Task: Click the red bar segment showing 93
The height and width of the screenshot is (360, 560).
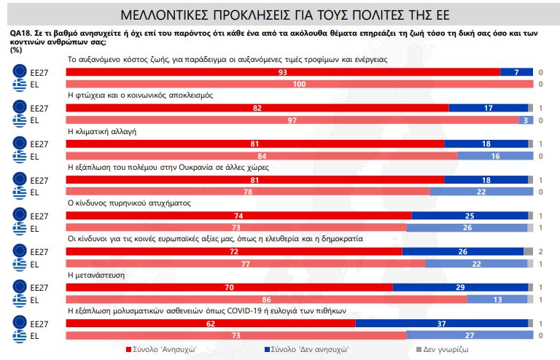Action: click(283, 72)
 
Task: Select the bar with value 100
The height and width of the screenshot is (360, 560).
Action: click(300, 85)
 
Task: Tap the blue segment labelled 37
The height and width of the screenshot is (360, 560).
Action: click(441, 322)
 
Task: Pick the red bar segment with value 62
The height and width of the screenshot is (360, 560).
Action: click(211, 322)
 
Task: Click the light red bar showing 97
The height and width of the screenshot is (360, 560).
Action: click(292, 120)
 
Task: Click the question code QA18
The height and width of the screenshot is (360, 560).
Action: click(20, 34)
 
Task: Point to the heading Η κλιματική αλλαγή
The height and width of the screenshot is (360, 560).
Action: click(102, 131)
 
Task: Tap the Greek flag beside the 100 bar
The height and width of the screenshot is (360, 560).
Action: click(20, 85)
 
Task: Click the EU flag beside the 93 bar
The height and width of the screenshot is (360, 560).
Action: click(20, 72)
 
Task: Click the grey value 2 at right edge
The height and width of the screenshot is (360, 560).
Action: click(540, 251)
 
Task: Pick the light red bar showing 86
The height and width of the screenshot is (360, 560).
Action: click(266, 299)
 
